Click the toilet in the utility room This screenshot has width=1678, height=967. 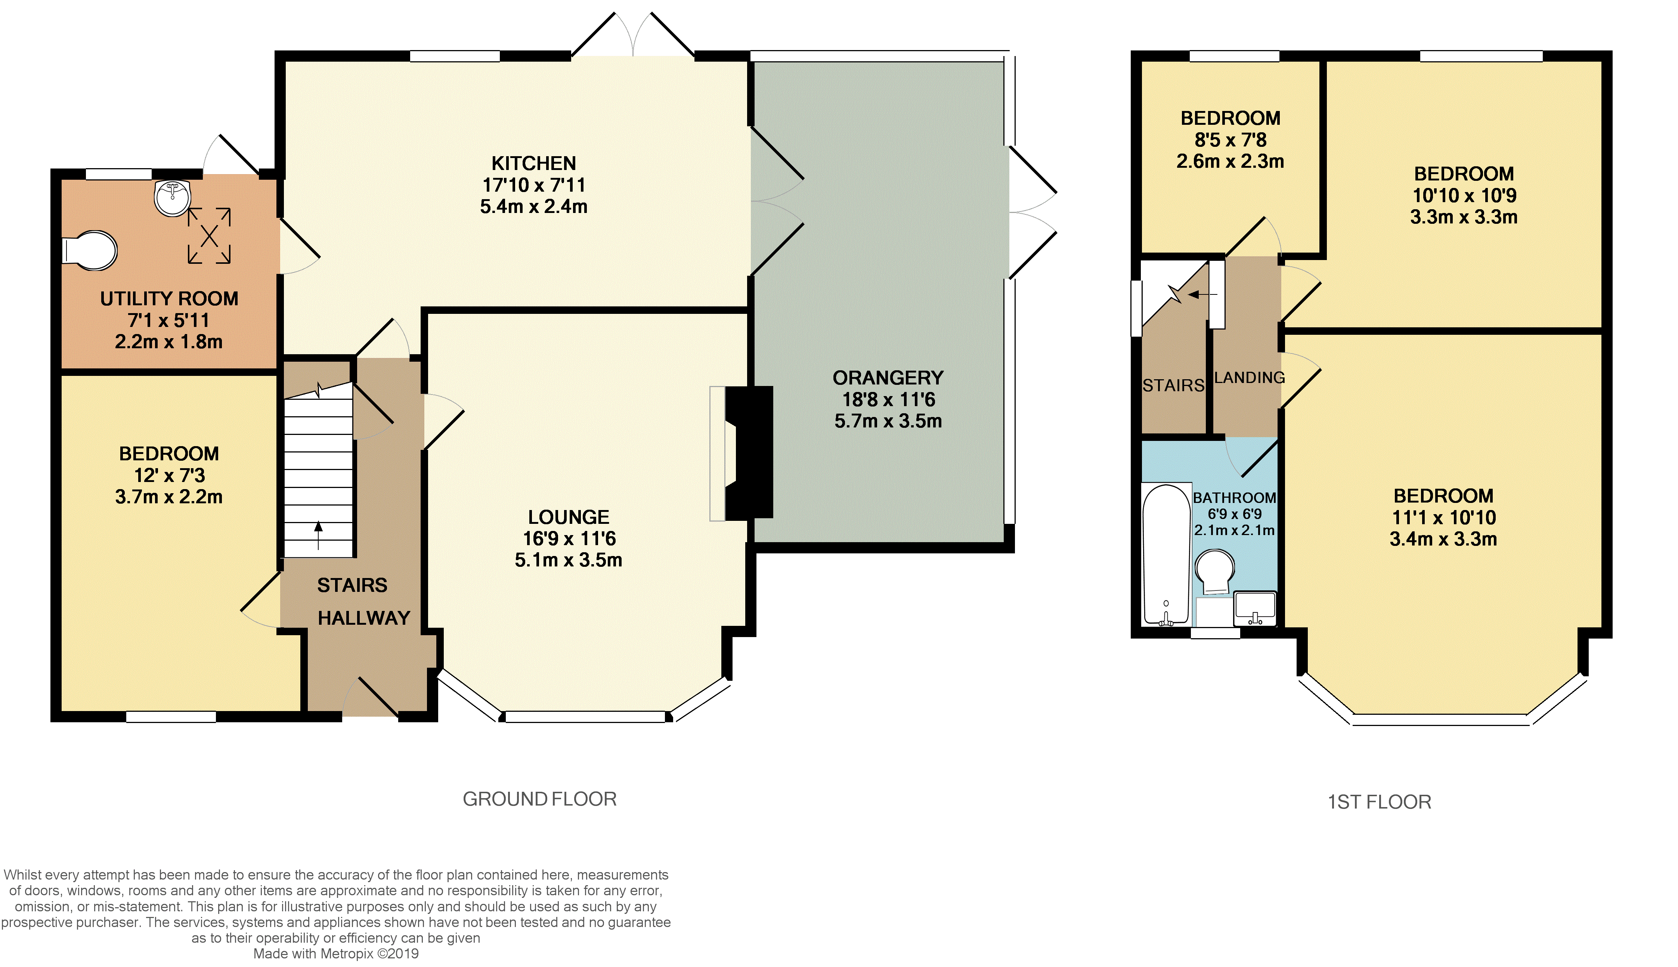pos(90,250)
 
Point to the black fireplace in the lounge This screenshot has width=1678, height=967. pos(749,452)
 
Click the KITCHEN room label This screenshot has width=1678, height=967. pos(534,163)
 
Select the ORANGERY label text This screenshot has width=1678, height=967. pos(888,378)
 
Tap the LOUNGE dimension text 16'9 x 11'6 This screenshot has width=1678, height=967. pos(569,539)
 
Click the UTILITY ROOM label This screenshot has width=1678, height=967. pos(169,299)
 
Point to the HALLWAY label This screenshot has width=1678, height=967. pos(364,618)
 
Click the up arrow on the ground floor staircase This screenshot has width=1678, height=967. pos(319,535)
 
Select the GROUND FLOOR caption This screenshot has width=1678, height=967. pos(540,799)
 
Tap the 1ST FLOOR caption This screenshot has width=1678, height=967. pos(1379,802)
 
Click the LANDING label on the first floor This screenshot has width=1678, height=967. pos(1249,378)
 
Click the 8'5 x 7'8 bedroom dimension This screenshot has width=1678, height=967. pos(1230,140)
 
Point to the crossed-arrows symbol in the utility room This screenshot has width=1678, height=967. pos(209,236)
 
